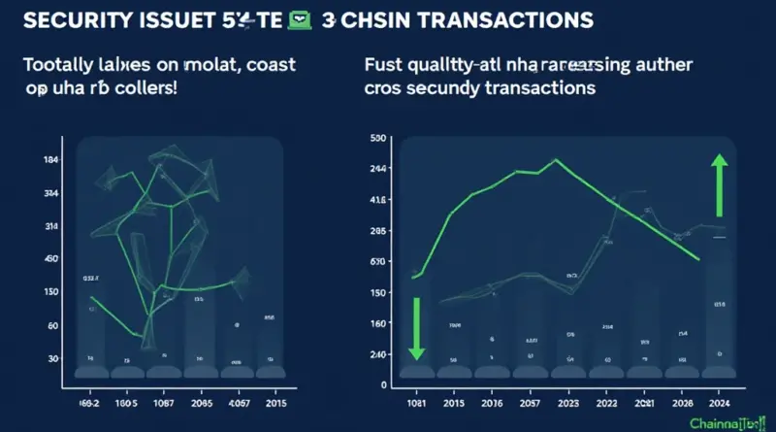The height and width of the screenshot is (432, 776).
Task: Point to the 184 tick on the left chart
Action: click(x=52, y=160)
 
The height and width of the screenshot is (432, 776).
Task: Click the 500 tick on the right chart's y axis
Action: click(x=379, y=139)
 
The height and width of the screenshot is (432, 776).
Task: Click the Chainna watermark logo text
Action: click(x=723, y=422)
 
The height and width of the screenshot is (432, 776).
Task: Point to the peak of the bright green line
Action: click(x=556, y=160)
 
